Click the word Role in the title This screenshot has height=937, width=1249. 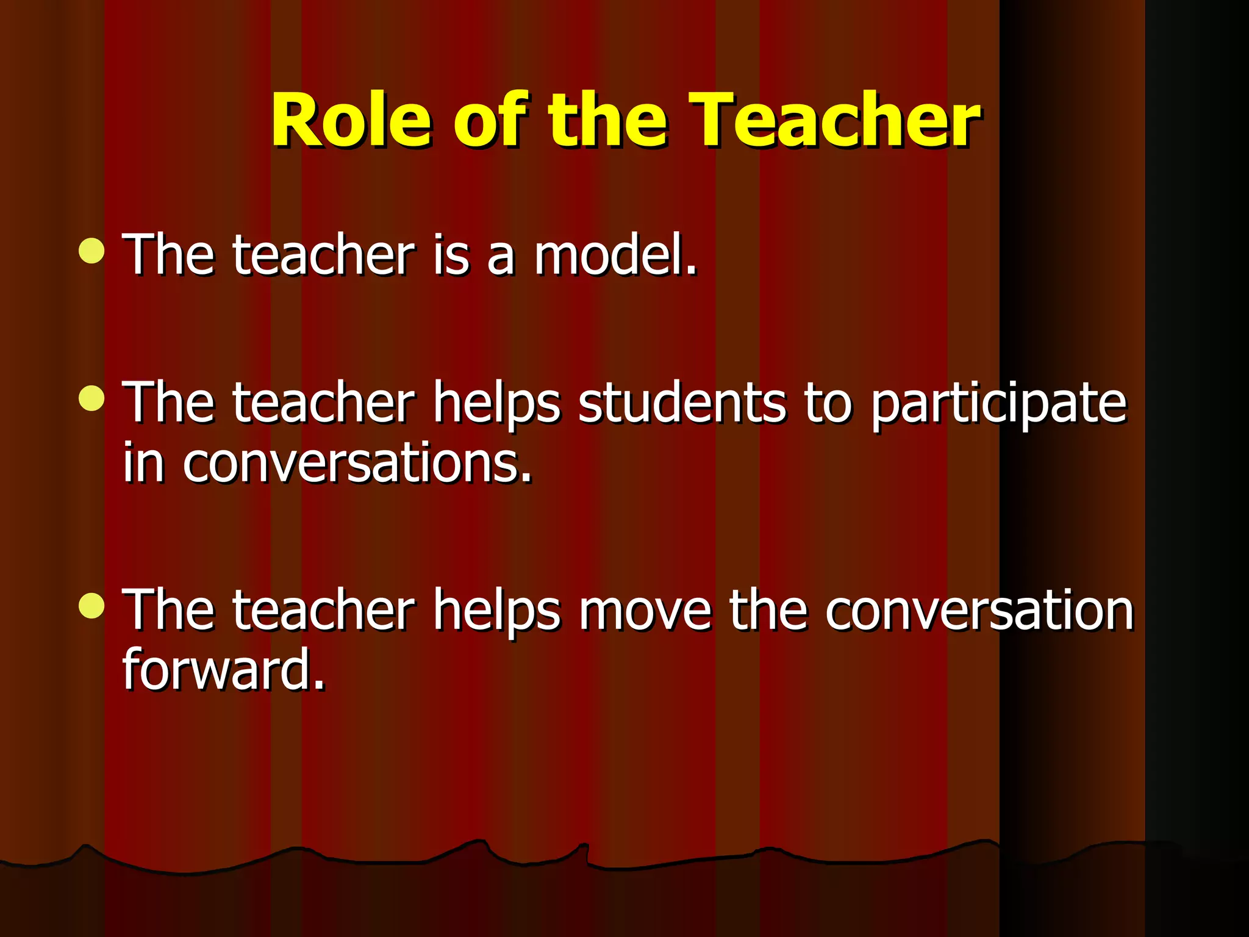(x=351, y=120)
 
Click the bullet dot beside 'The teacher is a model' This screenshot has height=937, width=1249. (x=91, y=251)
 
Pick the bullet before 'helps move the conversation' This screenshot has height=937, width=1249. (x=91, y=606)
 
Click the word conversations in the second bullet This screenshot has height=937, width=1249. (x=357, y=464)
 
